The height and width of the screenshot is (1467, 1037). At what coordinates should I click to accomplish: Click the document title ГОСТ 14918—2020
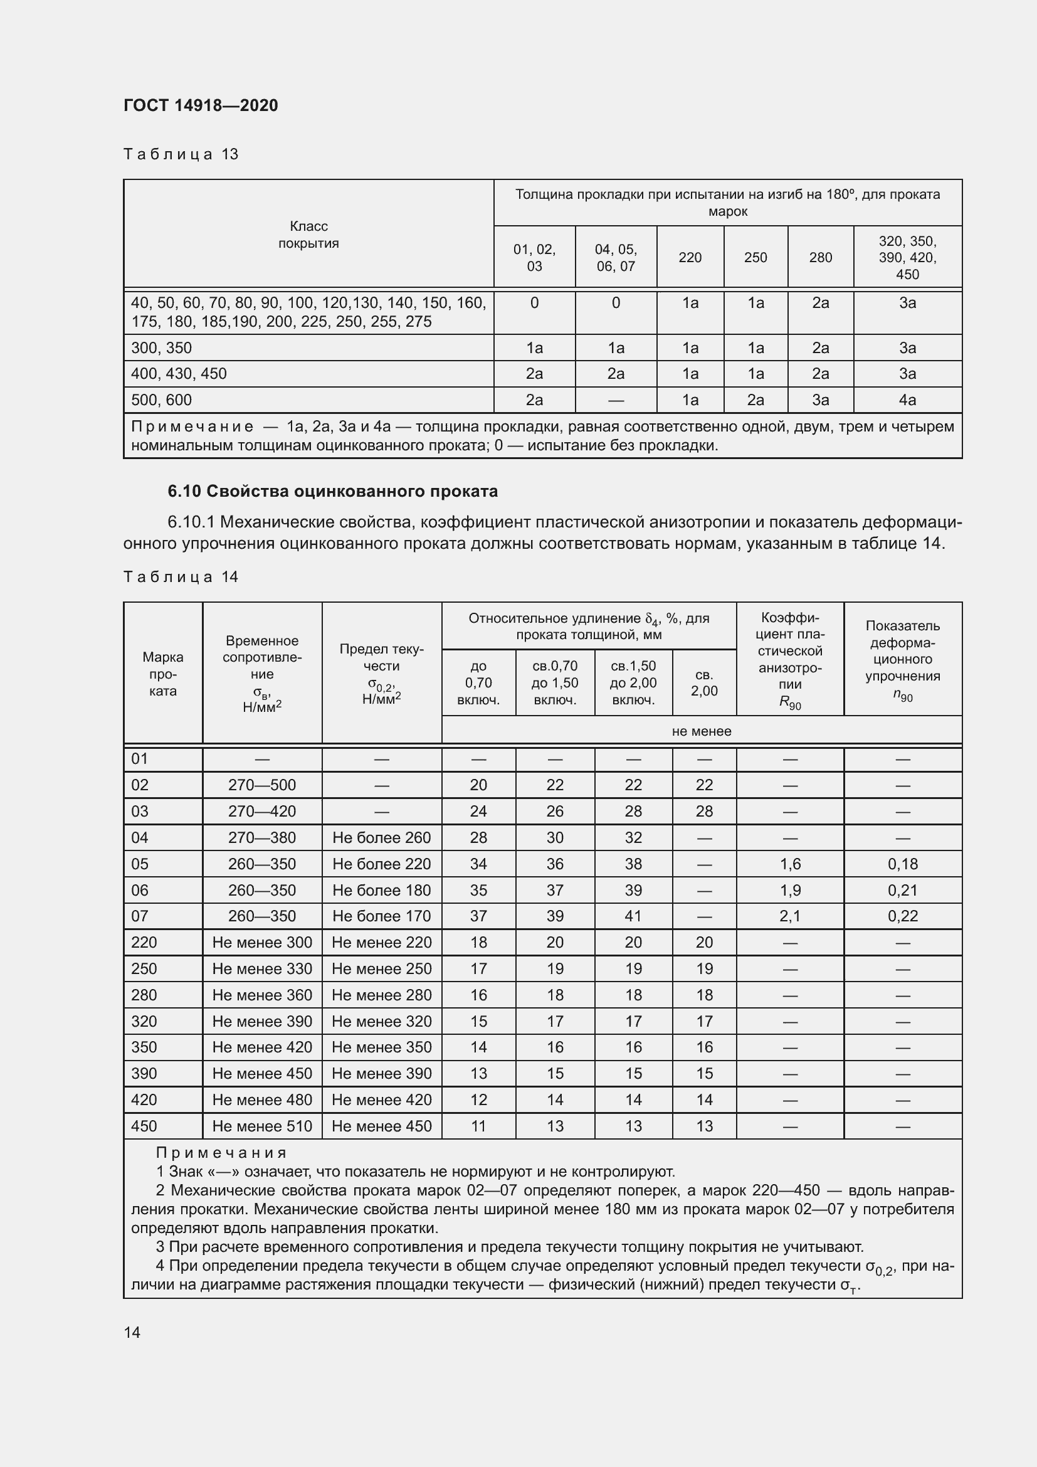(201, 105)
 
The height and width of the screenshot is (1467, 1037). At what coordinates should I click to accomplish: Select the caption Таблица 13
(181, 154)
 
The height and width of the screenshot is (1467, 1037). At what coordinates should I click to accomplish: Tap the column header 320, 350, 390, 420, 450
(907, 258)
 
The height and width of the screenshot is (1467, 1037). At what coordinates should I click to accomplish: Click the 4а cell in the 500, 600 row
(907, 400)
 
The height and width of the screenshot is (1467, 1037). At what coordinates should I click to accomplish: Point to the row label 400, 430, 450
(179, 374)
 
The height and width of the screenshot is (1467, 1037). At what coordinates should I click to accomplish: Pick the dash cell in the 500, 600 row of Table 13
(616, 400)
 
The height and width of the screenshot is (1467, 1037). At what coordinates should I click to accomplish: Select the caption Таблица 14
(181, 577)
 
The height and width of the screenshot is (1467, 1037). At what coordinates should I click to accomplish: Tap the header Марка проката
(163, 674)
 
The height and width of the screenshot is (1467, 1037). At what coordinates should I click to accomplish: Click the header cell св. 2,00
(703, 682)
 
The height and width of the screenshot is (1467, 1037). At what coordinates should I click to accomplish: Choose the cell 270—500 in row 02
(262, 785)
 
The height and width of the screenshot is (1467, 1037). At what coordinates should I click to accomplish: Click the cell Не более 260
(381, 838)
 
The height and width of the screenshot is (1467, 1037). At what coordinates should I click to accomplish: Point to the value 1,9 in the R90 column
(790, 890)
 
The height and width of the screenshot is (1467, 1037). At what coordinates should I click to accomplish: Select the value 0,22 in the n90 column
(902, 916)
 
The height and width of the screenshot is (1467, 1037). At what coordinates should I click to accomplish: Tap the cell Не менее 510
(262, 1126)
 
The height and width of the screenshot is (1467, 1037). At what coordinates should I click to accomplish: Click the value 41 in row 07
(633, 916)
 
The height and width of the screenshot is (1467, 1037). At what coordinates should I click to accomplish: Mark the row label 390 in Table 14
(144, 1074)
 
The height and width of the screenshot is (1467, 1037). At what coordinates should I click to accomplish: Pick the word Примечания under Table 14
(221, 1153)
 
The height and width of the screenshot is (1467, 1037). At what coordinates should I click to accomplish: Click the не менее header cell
(701, 731)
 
